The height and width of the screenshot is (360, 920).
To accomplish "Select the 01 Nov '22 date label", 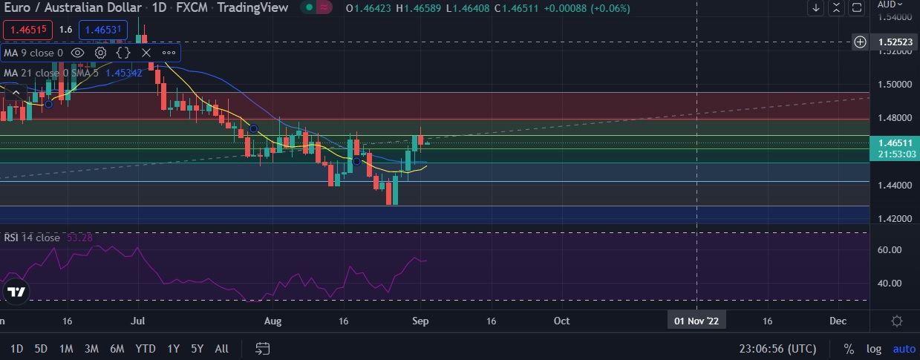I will [x=696, y=321].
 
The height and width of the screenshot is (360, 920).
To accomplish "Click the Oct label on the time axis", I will [x=561, y=321].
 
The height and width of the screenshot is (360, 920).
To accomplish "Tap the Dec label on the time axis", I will [x=838, y=321].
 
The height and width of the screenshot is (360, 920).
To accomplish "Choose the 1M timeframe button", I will [x=66, y=348].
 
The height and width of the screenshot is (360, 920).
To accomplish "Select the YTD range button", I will [x=146, y=348].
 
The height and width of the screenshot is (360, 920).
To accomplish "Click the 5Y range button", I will [x=197, y=348].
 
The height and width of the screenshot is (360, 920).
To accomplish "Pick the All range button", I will [x=221, y=348].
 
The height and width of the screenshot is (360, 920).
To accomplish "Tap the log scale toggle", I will [x=874, y=348].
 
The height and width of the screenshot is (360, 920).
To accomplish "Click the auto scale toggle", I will [x=904, y=348].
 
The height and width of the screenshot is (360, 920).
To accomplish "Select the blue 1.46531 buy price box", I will [x=102, y=30].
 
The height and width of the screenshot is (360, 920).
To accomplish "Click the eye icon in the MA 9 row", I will [x=77, y=53].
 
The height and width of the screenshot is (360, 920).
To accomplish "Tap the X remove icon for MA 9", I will [x=146, y=53].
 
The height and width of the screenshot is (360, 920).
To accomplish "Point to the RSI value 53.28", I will [x=79, y=238].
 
